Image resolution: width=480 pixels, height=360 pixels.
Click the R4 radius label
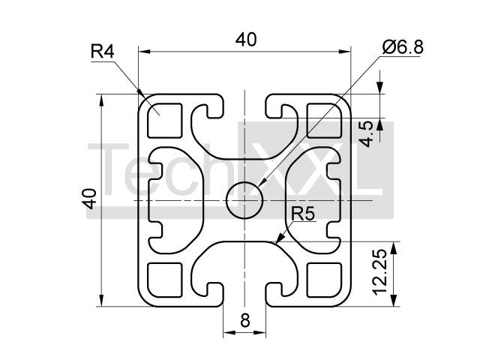coord(102,52)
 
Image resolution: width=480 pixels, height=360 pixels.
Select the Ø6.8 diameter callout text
coord(403,47)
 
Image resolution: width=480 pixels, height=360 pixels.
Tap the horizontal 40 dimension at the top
coord(245,40)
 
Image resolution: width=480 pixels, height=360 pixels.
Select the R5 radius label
coord(302,214)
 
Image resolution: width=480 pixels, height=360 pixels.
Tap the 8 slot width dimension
coord(244,321)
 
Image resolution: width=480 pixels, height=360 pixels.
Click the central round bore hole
coord(244,200)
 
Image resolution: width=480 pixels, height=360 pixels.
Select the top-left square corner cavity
coord(166,120)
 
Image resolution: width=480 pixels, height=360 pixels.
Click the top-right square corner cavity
coord(324,120)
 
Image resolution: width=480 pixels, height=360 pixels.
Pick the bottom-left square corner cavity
coord(166,280)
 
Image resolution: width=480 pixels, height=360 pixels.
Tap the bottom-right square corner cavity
coord(324,280)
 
